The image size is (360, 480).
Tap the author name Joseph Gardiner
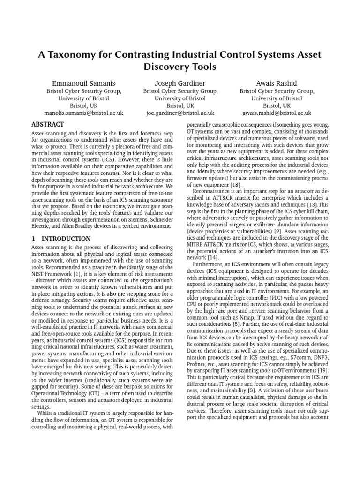(180, 83)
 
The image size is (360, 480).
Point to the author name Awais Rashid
(277, 83)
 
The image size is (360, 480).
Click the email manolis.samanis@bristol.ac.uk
(83, 113)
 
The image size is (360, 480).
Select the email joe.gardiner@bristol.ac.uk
(180, 113)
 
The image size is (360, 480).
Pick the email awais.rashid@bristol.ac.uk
(277, 113)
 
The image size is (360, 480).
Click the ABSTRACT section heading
(47, 125)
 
